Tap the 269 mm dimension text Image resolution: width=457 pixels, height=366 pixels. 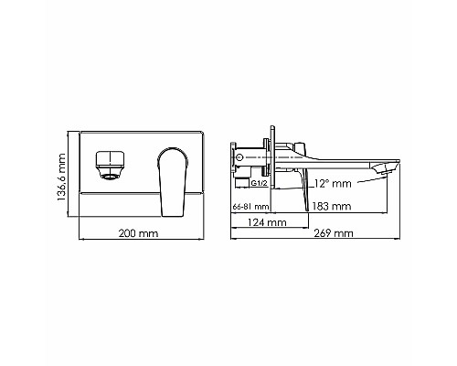point(334,234)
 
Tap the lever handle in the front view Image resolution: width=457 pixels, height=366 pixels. point(170,181)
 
